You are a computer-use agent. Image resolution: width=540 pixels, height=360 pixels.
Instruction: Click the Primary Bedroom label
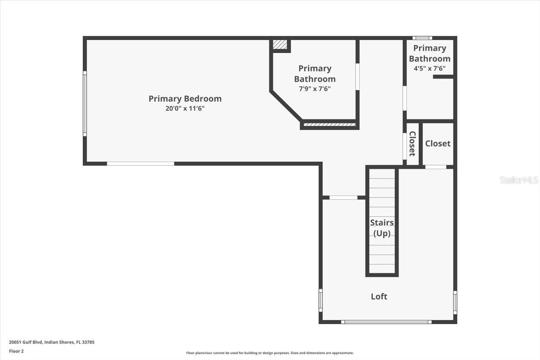click(x=185, y=99)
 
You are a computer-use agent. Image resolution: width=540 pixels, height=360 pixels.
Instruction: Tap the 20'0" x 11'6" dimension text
click(x=185, y=108)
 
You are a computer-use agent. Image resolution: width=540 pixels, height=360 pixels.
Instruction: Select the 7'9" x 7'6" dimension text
click(x=315, y=89)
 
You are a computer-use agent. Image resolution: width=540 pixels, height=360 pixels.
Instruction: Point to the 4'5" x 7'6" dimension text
click(x=429, y=68)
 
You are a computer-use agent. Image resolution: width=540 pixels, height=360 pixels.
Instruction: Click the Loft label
click(x=379, y=297)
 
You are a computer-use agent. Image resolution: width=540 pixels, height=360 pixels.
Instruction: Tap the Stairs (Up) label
click(x=382, y=228)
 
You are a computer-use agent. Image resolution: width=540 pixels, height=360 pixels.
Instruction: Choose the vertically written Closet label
click(x=412, y=144)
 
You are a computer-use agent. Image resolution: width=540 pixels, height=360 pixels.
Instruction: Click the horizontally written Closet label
click(x=437, y=143)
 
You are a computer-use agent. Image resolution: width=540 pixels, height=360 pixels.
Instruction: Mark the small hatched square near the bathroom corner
click(x=280, y=44)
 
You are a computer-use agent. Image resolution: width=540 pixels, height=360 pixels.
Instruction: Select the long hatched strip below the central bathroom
click(x=329, y=125)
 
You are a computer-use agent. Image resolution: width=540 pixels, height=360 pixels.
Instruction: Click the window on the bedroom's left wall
click(x=85, y=103)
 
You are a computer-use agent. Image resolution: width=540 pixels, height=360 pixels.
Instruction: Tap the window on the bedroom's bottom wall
click(x=140, y=164)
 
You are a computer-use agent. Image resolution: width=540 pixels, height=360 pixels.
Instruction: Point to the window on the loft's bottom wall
click(x=386, y=322)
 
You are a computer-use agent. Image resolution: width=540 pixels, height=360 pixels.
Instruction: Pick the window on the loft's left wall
click(x=321, y=300)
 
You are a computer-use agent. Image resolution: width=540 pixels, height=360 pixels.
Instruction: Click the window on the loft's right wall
click(x=455, y=302)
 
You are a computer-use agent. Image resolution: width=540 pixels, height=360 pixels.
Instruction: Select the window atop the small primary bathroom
click(x=422, y=38)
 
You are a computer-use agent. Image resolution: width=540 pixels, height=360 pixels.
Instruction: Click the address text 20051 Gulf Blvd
click(x=51, y=342)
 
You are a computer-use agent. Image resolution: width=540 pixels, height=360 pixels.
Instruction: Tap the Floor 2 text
click(x=17, y=351)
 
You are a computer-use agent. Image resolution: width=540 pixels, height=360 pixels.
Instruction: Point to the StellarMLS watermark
click(x=519, y=180)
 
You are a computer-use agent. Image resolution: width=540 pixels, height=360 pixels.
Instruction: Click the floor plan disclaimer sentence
click(x=270, y=353)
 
